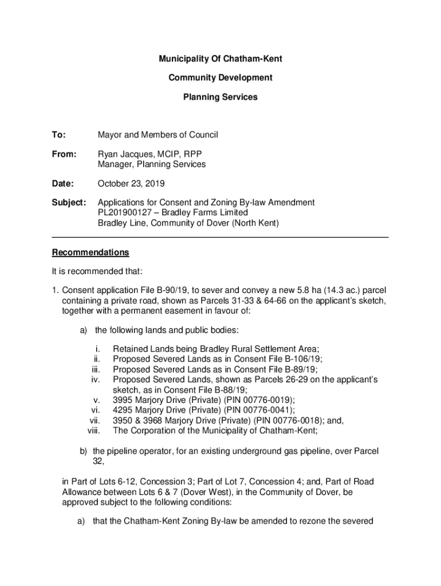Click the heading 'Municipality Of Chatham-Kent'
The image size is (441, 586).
tap(220, 59)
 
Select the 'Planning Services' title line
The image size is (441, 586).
tap(220, 97)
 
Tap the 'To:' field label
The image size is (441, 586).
tap(59, 135)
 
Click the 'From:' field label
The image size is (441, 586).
tap(64, 155)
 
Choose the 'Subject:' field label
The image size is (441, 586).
tap(69, 203)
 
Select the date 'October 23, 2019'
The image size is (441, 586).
tap(131, 184)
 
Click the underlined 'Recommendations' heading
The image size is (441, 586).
tap(90, 252)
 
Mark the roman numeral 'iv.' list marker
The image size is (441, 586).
tap(96, 379)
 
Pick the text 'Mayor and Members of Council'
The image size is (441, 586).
tap(157, 135)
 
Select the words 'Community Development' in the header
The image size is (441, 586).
tap(220, 78)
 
